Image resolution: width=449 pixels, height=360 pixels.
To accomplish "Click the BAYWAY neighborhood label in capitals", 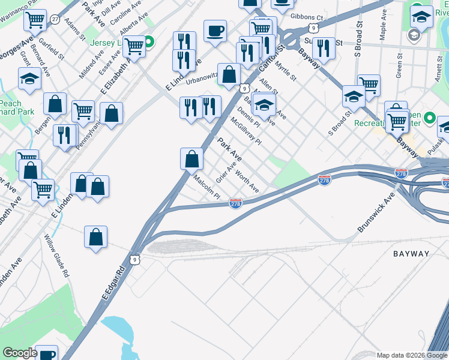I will coord(411,254).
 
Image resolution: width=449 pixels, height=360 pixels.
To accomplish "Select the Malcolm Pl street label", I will coord(207,187).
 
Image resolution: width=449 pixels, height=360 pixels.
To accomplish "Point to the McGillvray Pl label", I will coord(246,131).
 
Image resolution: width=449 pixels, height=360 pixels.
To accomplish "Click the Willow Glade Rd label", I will coord(56,256).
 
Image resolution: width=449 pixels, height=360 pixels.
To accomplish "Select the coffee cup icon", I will coord(215,31).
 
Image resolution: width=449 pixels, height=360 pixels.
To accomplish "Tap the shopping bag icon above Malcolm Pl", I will coord(191,159).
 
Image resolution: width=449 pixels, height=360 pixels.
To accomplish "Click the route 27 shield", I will coord(55,19).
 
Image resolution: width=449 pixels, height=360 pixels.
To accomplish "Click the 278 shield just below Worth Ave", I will coord(236,205).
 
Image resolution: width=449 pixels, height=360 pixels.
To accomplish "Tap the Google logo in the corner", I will coord(20,353).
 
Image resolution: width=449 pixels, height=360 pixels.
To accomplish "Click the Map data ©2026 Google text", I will coord(412,355).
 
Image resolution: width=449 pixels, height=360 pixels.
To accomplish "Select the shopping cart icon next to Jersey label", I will coord(134,45).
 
